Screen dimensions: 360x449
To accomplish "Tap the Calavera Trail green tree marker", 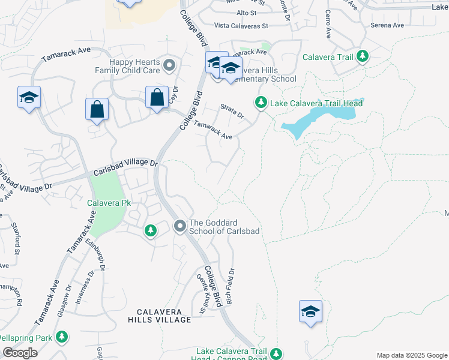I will click(362, 56).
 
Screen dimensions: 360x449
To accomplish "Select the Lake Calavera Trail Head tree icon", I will click(261, 103).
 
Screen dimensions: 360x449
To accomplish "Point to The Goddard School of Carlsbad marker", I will click(179, 226).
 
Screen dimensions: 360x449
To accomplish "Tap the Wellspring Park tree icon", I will click(61, 338).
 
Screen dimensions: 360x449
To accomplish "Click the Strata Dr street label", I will click(232, 111).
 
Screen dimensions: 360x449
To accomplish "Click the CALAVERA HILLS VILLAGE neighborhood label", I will click(163, 316).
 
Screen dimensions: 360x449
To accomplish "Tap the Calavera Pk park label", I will click(109, 203).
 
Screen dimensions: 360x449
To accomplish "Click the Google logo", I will click(20, 353).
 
